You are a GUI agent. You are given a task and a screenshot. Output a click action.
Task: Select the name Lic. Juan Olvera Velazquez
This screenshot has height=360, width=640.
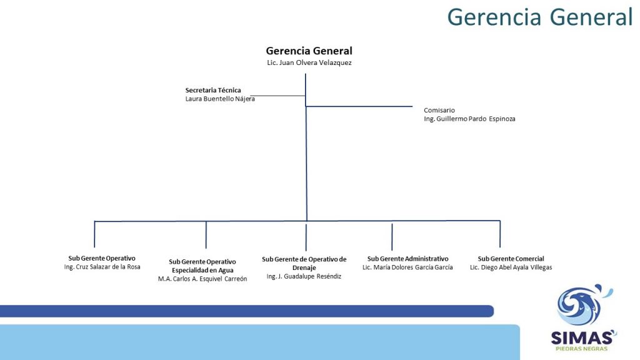(309, 62)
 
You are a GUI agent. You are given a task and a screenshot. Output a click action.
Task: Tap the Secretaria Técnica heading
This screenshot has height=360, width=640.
(213, 90)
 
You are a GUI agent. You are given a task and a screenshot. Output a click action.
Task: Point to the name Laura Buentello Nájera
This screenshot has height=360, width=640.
(220, 99)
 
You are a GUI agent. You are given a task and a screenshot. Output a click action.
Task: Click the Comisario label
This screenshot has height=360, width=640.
(439, 110)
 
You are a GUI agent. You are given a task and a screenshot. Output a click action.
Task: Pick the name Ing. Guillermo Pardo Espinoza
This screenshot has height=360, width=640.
(469, 119)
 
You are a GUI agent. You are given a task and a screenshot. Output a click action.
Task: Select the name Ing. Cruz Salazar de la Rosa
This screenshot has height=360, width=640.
(102, 267)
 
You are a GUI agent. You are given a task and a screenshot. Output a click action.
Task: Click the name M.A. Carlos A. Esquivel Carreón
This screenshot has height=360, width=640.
(202, 279)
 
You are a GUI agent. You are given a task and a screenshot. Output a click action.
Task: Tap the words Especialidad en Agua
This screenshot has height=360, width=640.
(202, 270)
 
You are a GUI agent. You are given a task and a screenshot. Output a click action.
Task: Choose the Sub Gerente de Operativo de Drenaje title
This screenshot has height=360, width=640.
(304, 263)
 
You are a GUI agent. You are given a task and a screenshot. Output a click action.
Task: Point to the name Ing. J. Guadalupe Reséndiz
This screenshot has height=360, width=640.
(304, 276)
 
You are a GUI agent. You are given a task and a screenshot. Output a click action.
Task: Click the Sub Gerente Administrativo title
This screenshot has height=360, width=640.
(407, 259)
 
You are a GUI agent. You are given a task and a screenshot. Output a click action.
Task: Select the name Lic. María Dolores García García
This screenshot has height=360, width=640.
(407, 267)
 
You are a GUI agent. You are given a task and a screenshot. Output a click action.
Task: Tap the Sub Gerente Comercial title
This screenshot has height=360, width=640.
(511, 259)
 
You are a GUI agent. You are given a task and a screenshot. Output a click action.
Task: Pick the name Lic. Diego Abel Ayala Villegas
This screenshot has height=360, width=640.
(511, 267)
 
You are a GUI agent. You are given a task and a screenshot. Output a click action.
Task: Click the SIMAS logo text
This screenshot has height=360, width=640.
(582, 338)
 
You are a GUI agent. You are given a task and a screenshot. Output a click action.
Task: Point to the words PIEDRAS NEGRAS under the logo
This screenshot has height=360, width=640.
(582, 349)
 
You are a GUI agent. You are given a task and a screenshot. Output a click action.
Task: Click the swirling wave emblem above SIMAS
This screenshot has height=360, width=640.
(584, 305)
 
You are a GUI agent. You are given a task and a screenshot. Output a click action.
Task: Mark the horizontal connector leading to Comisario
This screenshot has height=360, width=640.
(359, 106)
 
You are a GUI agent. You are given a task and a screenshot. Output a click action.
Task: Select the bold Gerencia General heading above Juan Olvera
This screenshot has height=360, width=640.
(309, 51)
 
